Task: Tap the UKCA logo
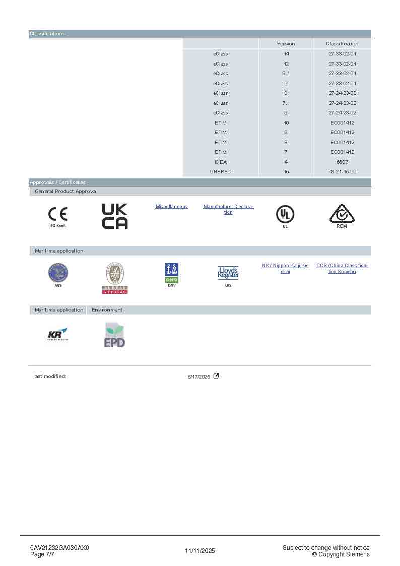[x=115, y=216]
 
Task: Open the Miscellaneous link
[x=171, y=207]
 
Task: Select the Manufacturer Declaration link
[x=228, y=209]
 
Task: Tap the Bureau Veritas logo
[x=115, y=277]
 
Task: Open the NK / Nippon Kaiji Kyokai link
[x=285, y=268]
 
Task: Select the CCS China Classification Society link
[x=342, y=268]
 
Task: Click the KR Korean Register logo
[x=57, y=335]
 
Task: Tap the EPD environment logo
[x=114, y=335]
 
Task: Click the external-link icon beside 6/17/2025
[x=217, y=375]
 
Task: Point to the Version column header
[x=286, y=44]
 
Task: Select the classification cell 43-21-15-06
[x=343, y=172]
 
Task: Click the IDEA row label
[x=221, y=162]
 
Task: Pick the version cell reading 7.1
[x=286, y=103]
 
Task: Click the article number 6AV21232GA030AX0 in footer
[x=59, y=548]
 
